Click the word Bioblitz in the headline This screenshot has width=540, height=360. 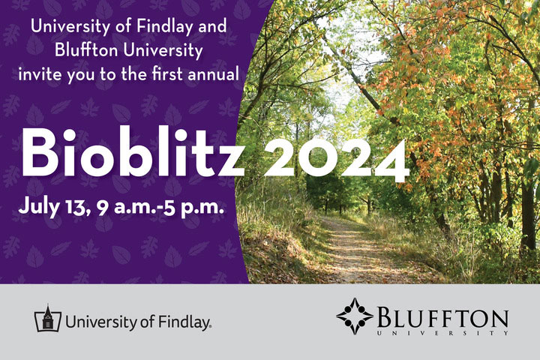(x=133, y=152)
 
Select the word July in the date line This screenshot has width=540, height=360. (x=38, y=208)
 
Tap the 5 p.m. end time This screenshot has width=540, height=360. (x=193, y=208)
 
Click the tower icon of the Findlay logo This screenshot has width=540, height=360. (x=48, y=318)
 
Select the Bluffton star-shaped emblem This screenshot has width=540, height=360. (x=355, y=316)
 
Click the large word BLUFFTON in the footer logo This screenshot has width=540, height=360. (x=443, y=318)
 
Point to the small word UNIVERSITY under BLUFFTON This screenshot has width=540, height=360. (x=443, y=333)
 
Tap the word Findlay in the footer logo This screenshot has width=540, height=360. (x=185, y=322)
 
